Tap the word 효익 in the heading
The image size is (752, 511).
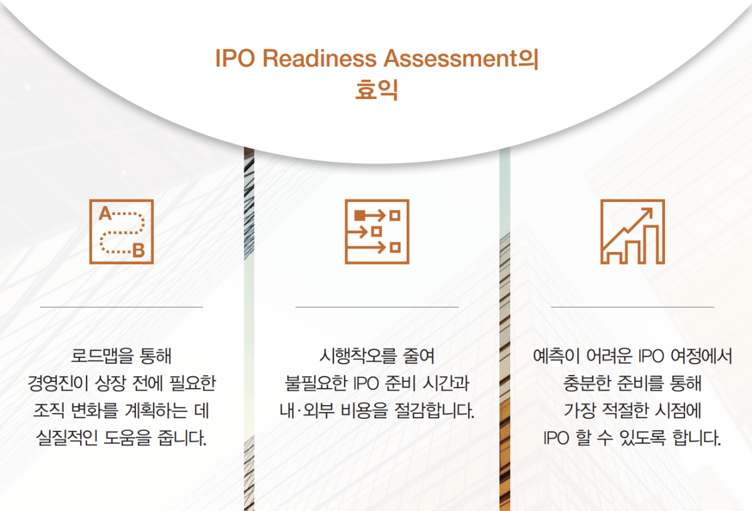[x=377, y=90]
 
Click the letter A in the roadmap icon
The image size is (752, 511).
[x=105, y=214]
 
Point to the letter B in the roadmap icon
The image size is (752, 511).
[x=138, y=251]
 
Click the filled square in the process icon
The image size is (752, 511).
[x=360, y=215]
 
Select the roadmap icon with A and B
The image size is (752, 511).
[x=121, y=231]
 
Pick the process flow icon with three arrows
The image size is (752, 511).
[x=377, y=231]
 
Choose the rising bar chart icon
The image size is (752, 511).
[x=632, y=231]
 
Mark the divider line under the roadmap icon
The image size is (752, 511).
[x=121, y=307]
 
